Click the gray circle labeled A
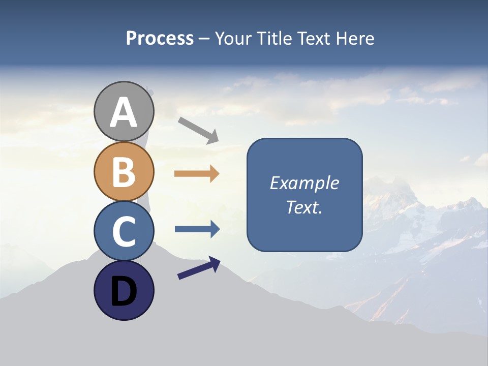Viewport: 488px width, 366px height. pyautogui.click(x=124, y=111)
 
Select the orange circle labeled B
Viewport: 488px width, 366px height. pyautogui.click(x=124, y=171)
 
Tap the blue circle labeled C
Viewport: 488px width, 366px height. pyautogui.click(x=124, y=231)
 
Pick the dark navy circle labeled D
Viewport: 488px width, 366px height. pyautogui.click(x=124, y=290)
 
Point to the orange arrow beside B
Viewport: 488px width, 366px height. pyautogui.click(x=197, y=174)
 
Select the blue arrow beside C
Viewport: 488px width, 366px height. pyautogui.click(x=197, y=229)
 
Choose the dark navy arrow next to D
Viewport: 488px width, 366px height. pyautogui.click(x=199, y=268)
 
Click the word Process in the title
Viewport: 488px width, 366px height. pyautogui.click(x=160, y=38)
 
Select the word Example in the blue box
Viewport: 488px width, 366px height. pyautogui.click(x=304, y=183)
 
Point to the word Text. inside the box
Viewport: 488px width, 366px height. pyautogui.click(x=304, y=207)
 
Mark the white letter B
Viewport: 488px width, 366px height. pyautogui.click(x=124, y=172)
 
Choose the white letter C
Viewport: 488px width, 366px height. pyautogui.click(x=124, y=231)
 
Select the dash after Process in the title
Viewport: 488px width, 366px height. pyautogui.click(x=204, y=39)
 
